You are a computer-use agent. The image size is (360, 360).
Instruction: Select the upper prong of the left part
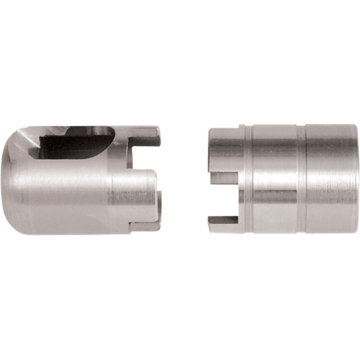[x=148, y=135]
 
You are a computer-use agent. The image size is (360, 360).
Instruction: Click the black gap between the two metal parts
[x=184, y=180]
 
